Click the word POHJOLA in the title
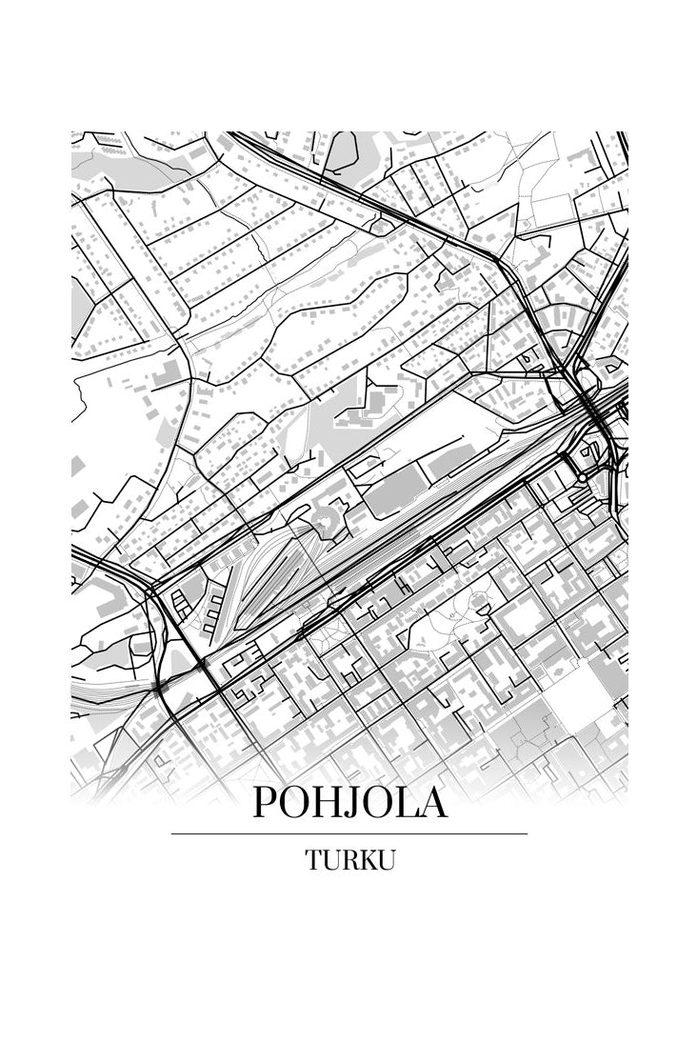349,804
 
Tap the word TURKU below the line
349,860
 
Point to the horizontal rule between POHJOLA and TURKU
349,834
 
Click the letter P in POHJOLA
265,804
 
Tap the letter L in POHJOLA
405,804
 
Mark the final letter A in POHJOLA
431,804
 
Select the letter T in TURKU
312,860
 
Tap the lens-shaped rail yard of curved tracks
271,576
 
